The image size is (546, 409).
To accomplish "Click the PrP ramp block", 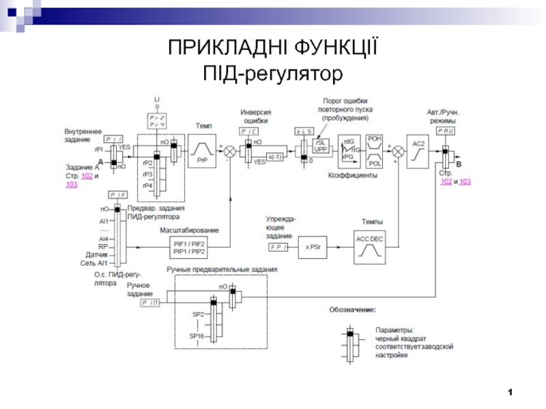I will (x=201, y=149).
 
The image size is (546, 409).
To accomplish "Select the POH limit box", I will (x=375, y=138).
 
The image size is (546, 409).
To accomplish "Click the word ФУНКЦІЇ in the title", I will (x=333, y=49).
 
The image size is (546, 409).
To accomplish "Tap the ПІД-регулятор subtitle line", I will (x=273, y=71).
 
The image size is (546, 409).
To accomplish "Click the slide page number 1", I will (x=510, y=392).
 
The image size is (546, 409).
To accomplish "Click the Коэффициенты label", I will (x=357, y=175).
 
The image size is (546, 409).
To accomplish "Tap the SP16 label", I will (x=197, y=336).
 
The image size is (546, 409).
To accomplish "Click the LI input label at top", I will (x=157, y=100).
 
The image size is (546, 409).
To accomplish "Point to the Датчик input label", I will (x=98, y=254).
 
